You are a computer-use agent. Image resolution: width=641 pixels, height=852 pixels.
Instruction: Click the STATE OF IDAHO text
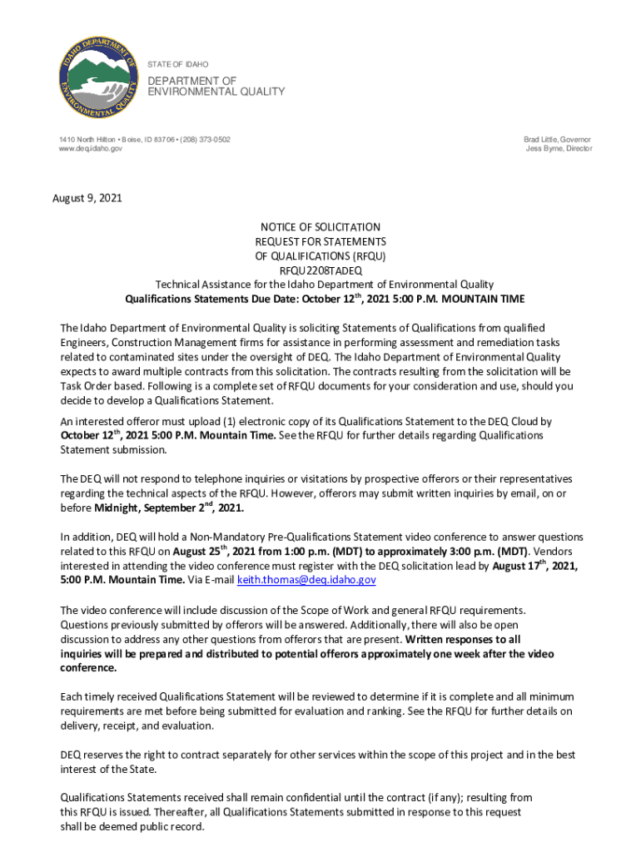177,64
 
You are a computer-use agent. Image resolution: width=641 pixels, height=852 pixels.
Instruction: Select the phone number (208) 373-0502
201,139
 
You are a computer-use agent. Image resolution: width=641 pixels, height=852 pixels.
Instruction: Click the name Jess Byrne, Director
559,149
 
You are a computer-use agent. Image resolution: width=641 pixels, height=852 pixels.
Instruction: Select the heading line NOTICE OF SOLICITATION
320,227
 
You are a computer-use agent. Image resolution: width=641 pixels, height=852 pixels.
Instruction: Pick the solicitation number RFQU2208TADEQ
320,270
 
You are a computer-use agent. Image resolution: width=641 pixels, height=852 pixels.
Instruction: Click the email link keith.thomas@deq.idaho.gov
301,581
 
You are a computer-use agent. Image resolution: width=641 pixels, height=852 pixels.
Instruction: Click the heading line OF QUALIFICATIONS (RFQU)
320,256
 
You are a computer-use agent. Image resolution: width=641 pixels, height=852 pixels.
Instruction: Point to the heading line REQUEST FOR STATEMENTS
320,241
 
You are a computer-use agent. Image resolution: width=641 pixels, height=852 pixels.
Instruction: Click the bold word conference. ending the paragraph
88,668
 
